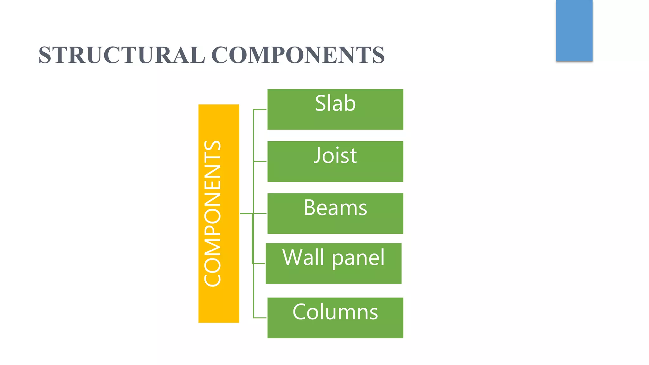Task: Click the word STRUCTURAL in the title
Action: click(122, 55)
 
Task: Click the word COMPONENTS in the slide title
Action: click(298, 55)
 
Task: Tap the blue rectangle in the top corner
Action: click(574, 30)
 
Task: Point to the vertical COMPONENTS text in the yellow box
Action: click(212, 213)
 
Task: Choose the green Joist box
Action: click(335, 173)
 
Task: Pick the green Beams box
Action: click(335, 225)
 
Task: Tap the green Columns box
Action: click(335, 330)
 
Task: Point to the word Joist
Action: click(335, 156)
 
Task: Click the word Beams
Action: click(335, 208)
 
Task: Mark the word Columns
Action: click(335, 312)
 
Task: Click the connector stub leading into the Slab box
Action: click(260, 109)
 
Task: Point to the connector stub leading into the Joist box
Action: click(260, 162)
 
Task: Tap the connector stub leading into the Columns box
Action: click(260, 318)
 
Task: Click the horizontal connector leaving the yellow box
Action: click(247, 214)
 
